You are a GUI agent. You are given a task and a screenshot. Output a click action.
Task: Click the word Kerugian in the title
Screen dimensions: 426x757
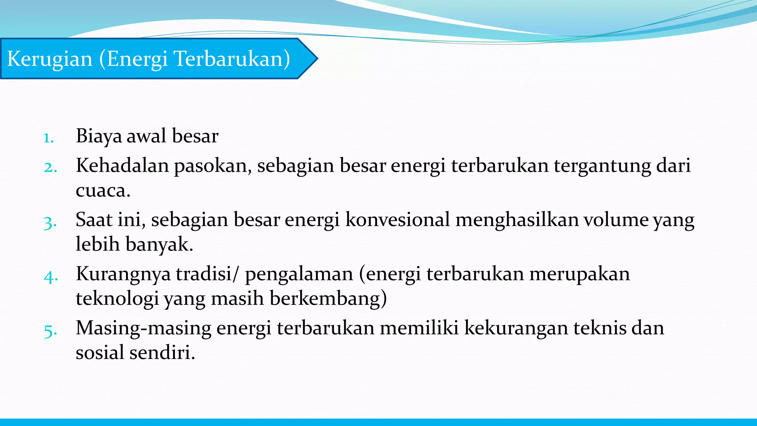point(50,59)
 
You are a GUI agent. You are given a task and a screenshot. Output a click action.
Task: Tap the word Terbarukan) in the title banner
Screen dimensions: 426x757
point(232,59)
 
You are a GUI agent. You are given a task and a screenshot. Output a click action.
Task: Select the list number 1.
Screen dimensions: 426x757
point(48,138)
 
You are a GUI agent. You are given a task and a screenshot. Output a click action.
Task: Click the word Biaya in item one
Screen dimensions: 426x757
point(99,136)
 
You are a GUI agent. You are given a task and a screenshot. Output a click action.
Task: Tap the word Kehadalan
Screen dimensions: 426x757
point(122,165)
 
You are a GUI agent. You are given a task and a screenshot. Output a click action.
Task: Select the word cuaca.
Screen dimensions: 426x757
point(103,191)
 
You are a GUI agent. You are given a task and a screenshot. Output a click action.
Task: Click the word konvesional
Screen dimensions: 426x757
point(397,220)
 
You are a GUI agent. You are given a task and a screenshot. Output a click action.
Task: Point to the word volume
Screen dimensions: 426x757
point(616,220)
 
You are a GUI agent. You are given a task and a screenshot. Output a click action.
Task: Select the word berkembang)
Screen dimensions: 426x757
point(328,298)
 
